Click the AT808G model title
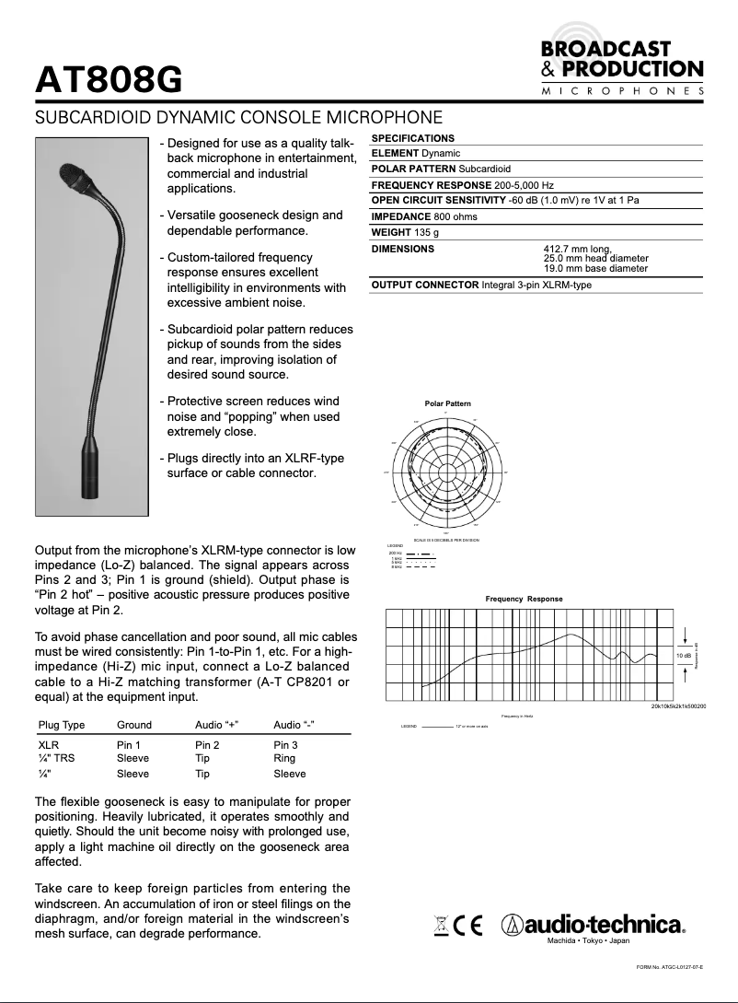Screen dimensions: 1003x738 click(x=108, y=81)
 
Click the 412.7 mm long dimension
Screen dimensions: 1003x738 click(x=577, y=249)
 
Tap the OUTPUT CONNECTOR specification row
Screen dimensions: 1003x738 click(x=481, y=285)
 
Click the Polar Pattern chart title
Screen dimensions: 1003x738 click(x=447, y=403)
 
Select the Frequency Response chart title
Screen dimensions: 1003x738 click(x=524, y=599)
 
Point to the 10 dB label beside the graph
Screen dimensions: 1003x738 click(x=684, y=654)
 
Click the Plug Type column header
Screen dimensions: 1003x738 click(x=62, y=725)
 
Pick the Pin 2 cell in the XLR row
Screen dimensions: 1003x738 click(x=207, y=744)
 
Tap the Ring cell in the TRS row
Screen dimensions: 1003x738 click(x=284, y=758)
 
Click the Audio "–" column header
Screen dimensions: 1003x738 click(x=294, y=725)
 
